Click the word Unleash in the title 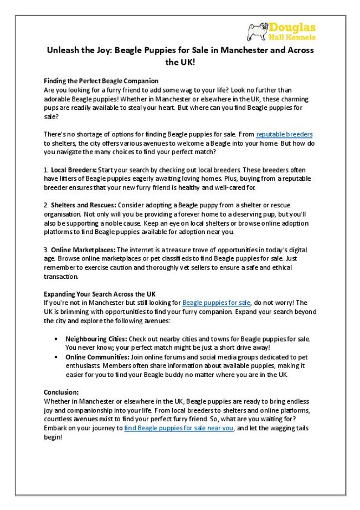pos(61,50)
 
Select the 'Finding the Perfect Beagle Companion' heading pos(101,81)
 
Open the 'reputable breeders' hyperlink pos(284,134)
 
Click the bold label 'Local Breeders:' pos(73,170)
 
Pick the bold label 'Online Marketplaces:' pos(83,249)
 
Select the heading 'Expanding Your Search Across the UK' pos(99,294)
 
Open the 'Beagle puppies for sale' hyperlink pos(217,303)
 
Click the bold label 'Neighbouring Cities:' pos(96,338)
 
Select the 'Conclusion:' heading pos(61,392)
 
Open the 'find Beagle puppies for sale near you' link pos(178,428)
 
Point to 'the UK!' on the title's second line pos(180,63)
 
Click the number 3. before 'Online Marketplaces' pos(46,249)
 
